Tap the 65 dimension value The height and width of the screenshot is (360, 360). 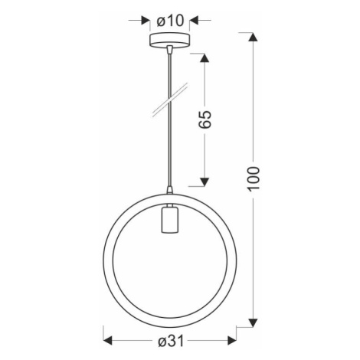(x=205, y=119)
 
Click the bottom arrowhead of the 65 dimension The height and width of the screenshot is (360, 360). (x=204, y=181)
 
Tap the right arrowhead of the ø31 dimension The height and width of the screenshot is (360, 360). (x=230, y=342)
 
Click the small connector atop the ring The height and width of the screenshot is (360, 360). (x=168, y=188)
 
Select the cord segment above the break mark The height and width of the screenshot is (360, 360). (x=168, y=73)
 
